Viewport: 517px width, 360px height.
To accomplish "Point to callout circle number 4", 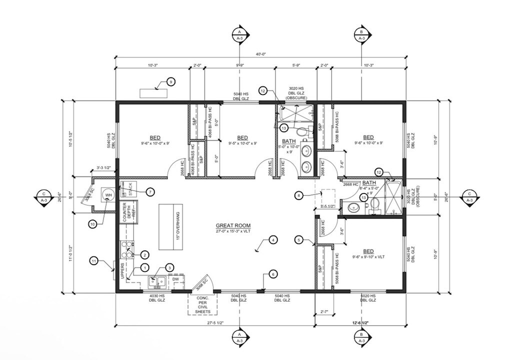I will tap(273, 240).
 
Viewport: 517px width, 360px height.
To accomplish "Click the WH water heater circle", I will tap(109, 194).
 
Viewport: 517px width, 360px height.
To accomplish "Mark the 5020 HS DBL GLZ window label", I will tap(368, 298).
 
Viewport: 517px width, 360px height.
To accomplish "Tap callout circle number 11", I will tap(94, 260).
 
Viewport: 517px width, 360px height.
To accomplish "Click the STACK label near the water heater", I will tap(130, 189).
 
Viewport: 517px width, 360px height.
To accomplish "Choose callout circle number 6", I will tap(273, 274).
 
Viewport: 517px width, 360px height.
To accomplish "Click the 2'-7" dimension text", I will tap(323, 312).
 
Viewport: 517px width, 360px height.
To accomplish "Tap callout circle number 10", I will tap(92, 223).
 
